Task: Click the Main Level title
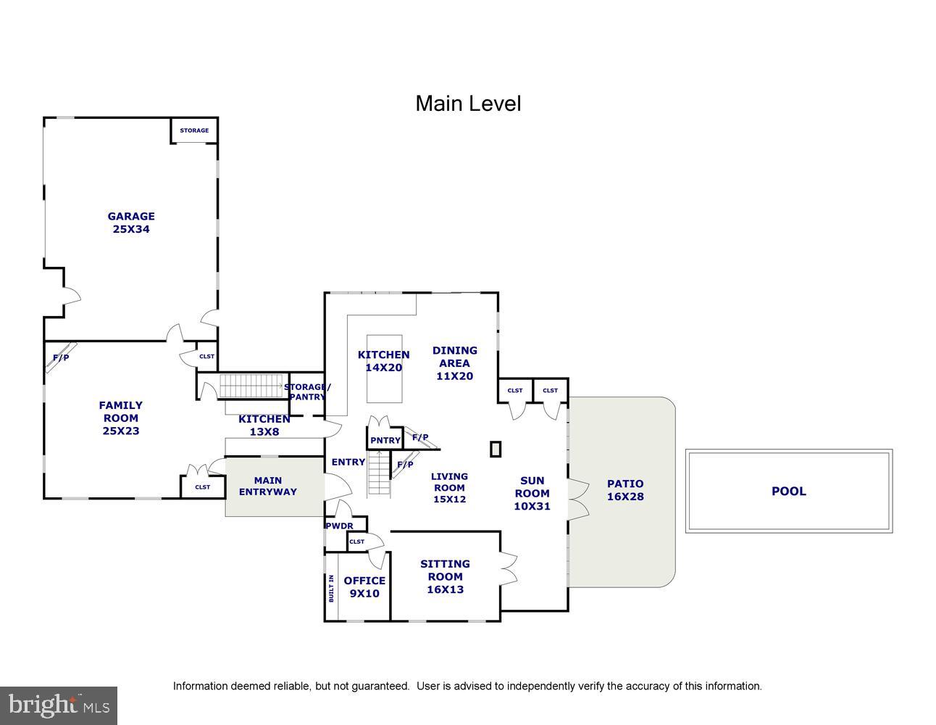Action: (468, 104)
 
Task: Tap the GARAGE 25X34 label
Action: (131, 223)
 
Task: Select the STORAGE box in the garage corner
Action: (194, 130)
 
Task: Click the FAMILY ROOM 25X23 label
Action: (121, 418)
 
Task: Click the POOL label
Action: (788, 491)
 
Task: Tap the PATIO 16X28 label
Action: (625, 490)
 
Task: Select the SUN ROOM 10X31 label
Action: (532, 493)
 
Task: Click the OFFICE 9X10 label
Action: (364, 587)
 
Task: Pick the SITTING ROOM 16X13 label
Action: (445, 576)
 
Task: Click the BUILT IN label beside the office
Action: (331, 588)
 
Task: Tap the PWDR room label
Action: (339, 526)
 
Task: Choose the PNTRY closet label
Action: (385, 440)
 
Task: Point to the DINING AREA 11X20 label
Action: (454, 362)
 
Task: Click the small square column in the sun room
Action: (496, 449)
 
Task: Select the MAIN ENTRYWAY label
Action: (267, 486)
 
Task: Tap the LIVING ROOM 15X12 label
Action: (449, 487)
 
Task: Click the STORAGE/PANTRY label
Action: (307, 391)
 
